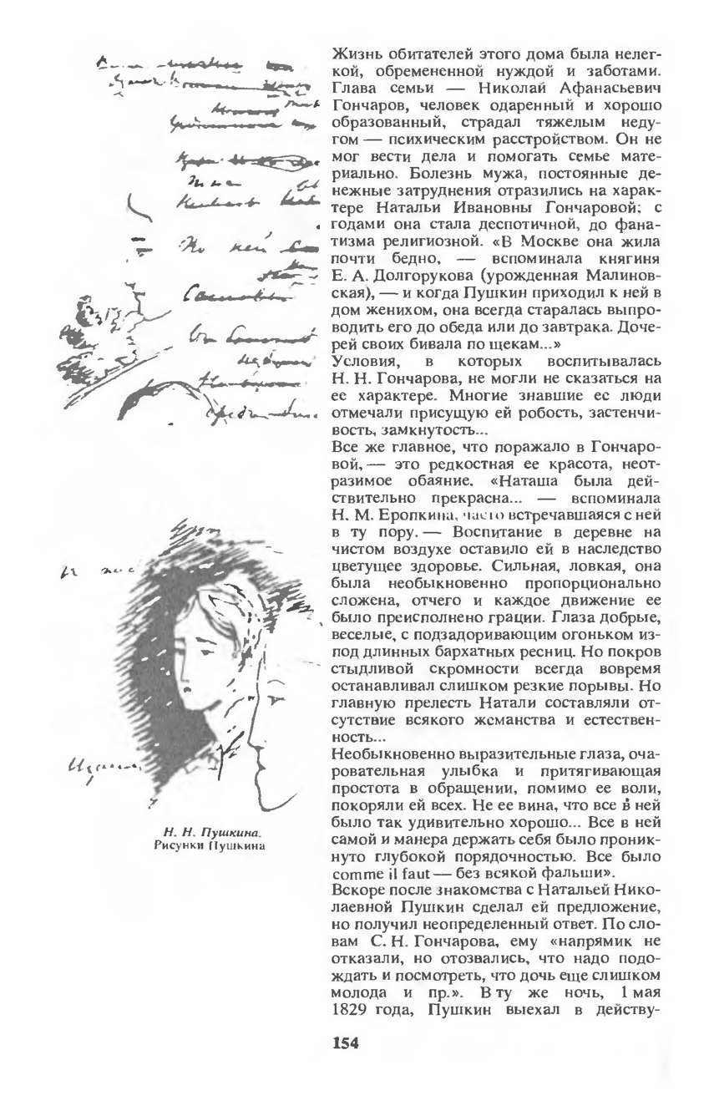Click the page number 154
pyautogui.click(x=346, y=1043)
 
